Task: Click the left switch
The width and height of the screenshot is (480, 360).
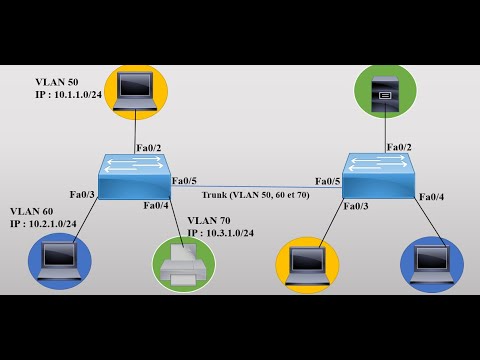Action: click(x=134, y=177)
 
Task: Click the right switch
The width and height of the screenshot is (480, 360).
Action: click(x=378, y=176)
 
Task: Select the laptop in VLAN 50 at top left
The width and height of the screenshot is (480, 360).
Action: click(x=135, y=91)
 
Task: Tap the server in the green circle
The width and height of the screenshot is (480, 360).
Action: click(x=385, y=92)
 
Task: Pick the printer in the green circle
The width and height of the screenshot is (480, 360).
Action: click(x=183, y=264)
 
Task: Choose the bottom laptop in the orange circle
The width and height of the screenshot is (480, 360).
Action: click(x=307, y=265)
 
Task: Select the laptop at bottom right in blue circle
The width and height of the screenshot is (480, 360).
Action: click(x=432, y=264)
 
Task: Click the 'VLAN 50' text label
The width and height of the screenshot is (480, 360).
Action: click(x=56, y=81)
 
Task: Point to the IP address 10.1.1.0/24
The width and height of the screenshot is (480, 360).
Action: click(x=69, y=95)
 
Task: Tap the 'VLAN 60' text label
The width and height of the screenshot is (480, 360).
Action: click(x=31, y=211)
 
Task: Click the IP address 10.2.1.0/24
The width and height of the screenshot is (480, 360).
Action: click(x=46, y=224)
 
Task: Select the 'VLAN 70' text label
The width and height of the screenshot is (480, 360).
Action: click(x=208, y=220)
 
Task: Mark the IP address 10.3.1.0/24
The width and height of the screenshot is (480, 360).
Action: click(x=220, y=233)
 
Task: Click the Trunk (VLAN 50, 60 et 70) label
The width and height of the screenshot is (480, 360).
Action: click(x=255, y=194)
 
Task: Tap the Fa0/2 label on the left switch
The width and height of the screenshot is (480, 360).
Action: click(x=147, y=148)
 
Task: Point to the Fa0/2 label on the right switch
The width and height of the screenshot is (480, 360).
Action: click(x=400, y=147)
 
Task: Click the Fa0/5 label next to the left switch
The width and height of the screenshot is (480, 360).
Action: click(x=184, y=181)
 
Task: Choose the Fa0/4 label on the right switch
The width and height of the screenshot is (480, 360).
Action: click(x=431, y=197)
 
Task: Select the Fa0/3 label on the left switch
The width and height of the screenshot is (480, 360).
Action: click(x=82, y=194)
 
